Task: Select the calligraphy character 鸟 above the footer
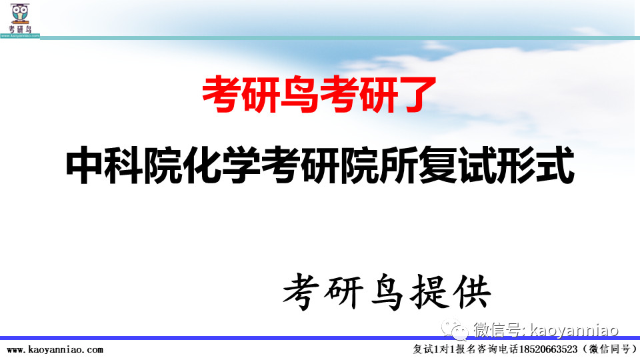385,293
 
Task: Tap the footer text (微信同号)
607,349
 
